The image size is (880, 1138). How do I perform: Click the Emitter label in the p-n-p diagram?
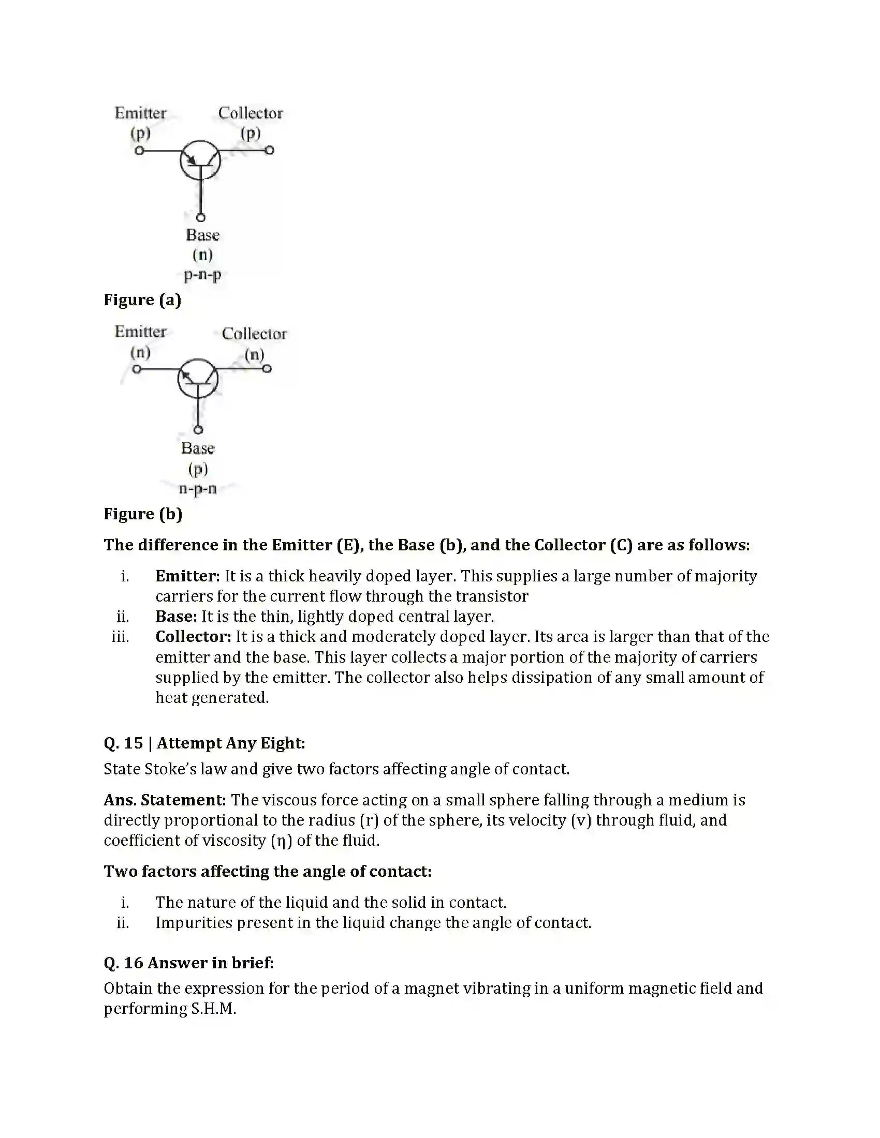[x=140, y=113]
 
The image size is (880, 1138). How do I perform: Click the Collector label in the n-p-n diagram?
[x=254, y=334]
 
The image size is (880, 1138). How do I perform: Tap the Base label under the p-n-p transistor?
[x=202, y=235]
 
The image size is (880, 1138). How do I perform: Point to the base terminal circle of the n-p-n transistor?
[x=198, y=430]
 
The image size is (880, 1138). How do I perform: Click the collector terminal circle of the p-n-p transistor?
[x=270, y=151]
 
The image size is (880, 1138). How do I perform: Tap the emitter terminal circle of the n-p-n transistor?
[x=137, y=369]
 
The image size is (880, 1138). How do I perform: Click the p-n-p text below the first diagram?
[x=202, y=275]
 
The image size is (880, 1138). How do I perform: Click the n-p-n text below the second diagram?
[x=198, y=489]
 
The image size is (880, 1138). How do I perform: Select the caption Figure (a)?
[x=142, y=300]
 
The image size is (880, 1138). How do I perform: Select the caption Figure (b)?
[x=143, y=514]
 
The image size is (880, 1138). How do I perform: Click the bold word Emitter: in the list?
[x=188, y=576]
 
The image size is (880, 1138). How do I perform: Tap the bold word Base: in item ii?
[x=176, y=617]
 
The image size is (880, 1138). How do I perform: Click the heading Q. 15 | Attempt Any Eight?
[x=204, y=743]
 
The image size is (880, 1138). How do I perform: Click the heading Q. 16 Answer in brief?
[x=189, y=963]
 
